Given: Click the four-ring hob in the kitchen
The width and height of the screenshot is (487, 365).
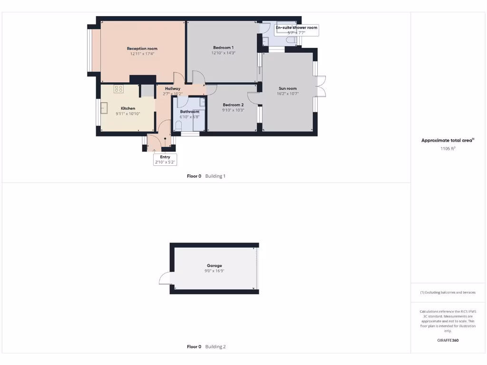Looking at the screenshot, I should click(x=118, y=88).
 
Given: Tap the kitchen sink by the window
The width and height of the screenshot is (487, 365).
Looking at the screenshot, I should click(x=104, y=106).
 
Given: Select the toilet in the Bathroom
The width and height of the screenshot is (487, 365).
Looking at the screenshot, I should click(x=178, y=126).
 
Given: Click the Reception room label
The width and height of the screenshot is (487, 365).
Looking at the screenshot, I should click(x=142, y=48).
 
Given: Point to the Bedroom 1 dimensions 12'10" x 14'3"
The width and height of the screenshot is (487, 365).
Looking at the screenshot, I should click(x=223, y=53).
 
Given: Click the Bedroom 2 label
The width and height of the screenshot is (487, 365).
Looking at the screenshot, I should click(x=233, y=105).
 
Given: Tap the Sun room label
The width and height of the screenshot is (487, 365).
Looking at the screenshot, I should click(x=287, y=88).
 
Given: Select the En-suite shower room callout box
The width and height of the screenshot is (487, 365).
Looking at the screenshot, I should click(x=296, y=30).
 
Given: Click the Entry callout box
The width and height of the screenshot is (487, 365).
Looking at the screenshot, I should click(x=165, y=160).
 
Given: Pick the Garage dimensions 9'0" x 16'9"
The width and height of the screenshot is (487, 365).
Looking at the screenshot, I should click(x=214, y=271).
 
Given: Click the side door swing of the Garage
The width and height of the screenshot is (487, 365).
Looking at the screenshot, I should click(x=165, y=278).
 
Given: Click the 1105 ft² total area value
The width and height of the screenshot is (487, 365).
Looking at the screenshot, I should click(x=448, y=149).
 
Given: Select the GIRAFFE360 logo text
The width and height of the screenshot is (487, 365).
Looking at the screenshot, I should click(x=448, y=340).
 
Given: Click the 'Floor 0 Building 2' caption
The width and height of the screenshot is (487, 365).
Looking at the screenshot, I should click(x=206, y=347).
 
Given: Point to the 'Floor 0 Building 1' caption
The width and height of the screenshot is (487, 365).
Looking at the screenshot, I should click(x=206, y=176).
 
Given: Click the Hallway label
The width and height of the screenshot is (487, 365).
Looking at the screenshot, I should click(x=173, y=88).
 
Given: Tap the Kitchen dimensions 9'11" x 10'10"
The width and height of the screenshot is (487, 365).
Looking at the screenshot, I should click(x=128, y=114).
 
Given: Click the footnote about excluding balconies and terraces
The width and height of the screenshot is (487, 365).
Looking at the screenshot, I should click(x=448, y=292).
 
